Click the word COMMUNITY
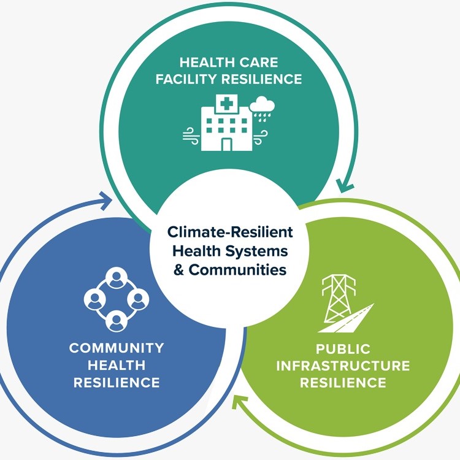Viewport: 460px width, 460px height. tap(117, 348)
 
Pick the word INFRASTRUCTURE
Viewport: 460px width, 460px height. tap(343, 366)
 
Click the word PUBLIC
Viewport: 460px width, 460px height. tap(343, 349)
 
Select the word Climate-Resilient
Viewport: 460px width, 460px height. tap(230, 233)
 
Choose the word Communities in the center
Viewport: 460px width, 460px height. tap(237, 269)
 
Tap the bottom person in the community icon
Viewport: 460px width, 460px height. tap(116, 319)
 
